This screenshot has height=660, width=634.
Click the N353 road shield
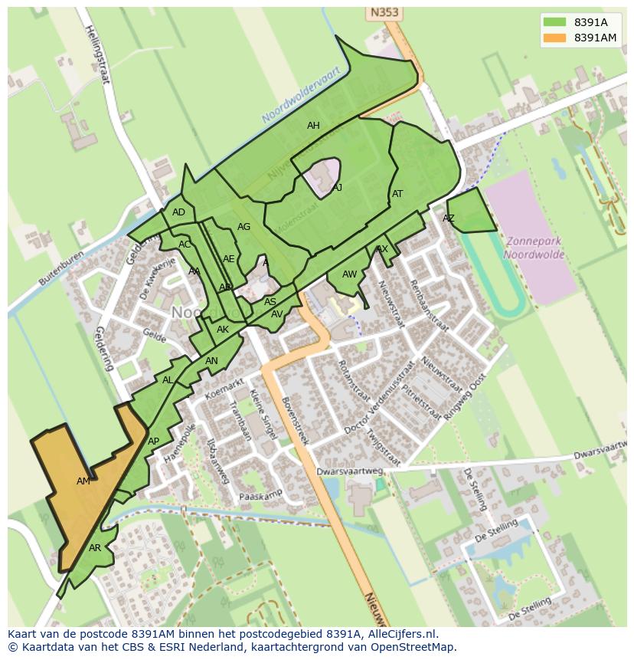pos(384,12)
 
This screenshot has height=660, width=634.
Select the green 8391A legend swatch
pos(554,22)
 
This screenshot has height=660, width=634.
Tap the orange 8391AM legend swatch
pos(554,38)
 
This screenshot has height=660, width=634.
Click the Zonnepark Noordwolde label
pos(534,248)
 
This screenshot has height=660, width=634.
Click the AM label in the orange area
pos(83,481)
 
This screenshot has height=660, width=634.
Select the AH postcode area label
pos(313,126)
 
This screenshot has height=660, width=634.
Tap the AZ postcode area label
pos(449,218)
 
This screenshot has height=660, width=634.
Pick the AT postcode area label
pos(397,194)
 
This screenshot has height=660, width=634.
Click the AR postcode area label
pos(95,548)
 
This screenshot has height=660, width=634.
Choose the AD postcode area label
pos(178,212)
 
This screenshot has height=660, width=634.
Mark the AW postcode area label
pos(349,274)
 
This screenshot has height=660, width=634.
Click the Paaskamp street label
pos(261,495)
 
